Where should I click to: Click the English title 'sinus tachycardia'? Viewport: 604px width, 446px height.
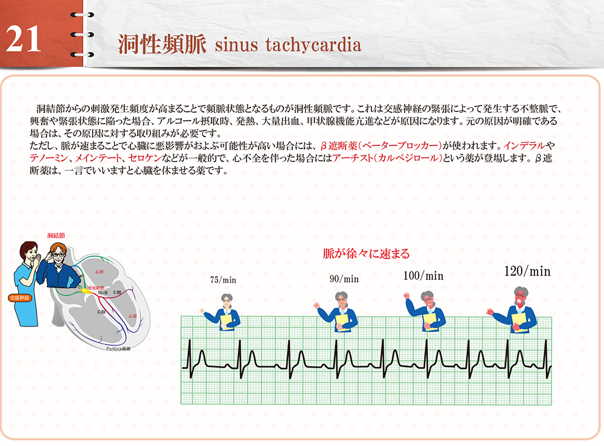point(288,45)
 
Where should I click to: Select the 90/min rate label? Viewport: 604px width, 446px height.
point(344,279)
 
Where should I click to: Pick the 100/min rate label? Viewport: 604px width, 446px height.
point(423,276)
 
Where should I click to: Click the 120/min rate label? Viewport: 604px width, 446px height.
point(527,272)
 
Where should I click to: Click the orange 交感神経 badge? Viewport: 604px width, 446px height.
point(21,298)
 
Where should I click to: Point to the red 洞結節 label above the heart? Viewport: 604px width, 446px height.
point(56,234)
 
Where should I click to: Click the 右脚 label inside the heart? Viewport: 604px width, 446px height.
point(101,312)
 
